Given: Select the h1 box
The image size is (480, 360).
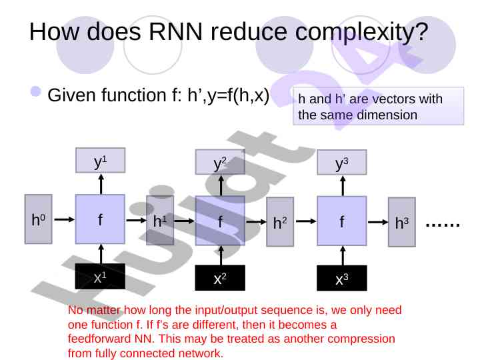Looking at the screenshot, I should [160, 219].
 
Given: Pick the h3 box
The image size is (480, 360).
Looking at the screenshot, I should [401, 222].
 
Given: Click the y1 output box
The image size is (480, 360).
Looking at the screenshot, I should [101, 161].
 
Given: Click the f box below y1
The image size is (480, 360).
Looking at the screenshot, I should [100, 219].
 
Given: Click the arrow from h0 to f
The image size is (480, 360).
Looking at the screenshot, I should [64, 219].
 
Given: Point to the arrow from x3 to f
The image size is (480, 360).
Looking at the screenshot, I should [342, 255].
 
